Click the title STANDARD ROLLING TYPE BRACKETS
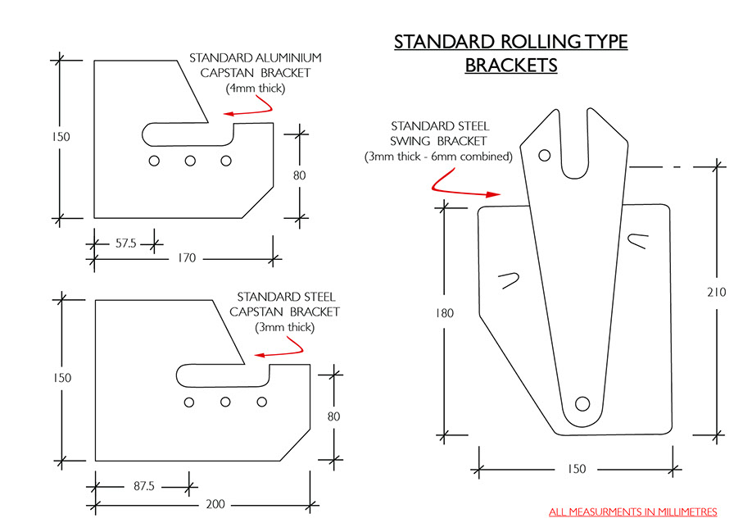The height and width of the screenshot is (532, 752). click(511, 53)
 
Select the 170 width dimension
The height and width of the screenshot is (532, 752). click(186, 259)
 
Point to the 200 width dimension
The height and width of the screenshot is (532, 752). click(215, 503)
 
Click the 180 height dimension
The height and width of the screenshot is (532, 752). click(445, 313)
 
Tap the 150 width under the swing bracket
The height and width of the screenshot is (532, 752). click(576, 469)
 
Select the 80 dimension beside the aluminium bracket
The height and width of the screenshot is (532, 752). click(300, 174)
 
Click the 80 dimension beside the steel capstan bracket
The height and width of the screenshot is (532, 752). click(333, 416)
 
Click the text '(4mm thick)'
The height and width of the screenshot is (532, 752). click(254, 88)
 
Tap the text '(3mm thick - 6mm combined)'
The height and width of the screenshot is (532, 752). click(438, 156)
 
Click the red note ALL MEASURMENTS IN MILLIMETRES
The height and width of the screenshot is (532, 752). click(632, 512)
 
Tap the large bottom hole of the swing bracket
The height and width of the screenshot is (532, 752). click(582, 403)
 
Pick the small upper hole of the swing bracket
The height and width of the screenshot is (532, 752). click(544, 154)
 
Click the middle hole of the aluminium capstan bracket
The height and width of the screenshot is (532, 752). click(190, 161)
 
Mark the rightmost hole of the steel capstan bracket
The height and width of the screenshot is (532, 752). click(262, 402)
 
